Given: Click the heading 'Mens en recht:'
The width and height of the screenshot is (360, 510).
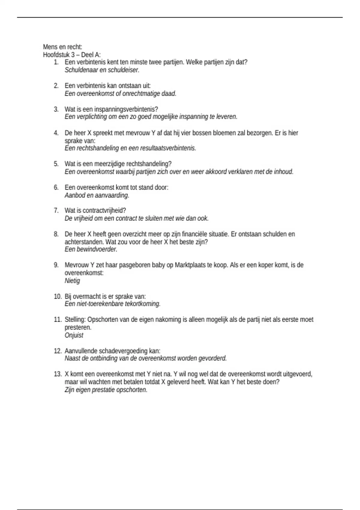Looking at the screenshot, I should coord(62,47).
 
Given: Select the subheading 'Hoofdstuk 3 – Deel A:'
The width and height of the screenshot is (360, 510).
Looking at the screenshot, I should coord(72,55).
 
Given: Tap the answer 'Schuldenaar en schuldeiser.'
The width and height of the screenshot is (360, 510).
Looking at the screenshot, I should coord(102,70).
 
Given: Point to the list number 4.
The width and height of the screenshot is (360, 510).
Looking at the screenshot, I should coord(56,133).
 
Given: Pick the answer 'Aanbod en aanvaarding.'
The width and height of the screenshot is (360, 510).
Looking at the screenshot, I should coord(97,195).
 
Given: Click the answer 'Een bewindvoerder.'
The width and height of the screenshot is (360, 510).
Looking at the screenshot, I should coord(91,249).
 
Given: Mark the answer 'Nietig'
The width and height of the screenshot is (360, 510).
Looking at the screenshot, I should coord(72,281).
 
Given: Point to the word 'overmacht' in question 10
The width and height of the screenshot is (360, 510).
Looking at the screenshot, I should coord(85,296).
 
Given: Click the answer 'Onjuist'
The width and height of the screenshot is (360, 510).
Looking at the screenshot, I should coord(74,335).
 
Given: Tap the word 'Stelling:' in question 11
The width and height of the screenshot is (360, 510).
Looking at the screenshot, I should coord(75,320).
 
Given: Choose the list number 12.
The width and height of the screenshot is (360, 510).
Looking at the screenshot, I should coord(58,351).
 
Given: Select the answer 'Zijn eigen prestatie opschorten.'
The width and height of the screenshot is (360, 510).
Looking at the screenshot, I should coord(106,390).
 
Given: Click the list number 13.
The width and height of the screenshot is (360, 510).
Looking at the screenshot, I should coord(58,374).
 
